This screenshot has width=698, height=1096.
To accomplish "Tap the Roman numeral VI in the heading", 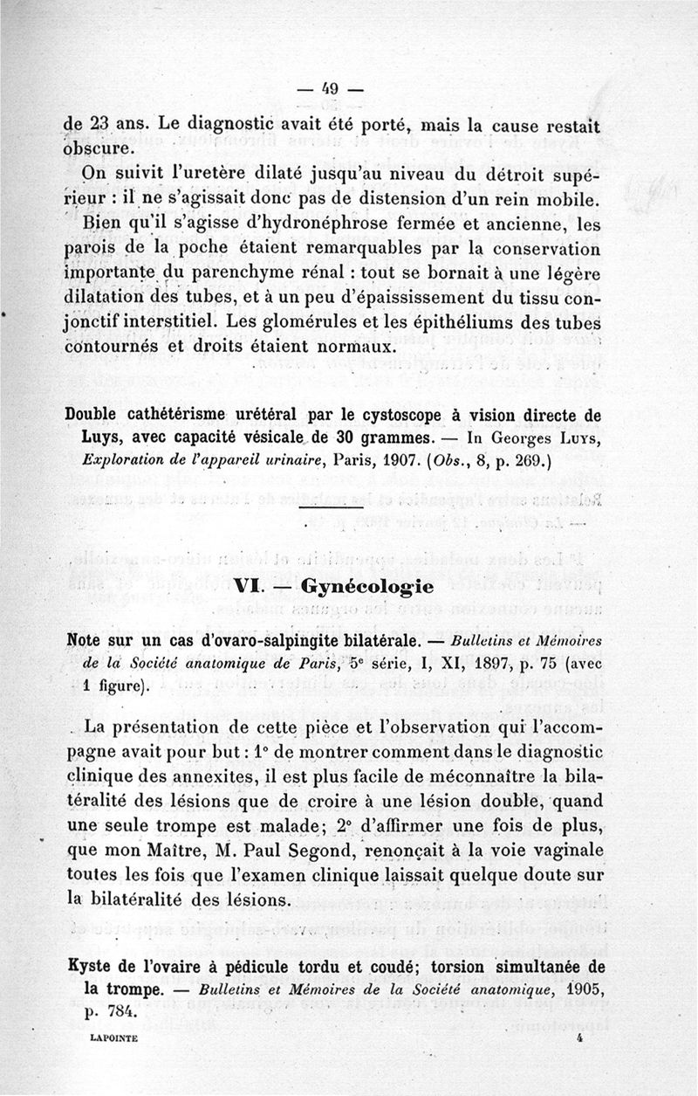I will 248,585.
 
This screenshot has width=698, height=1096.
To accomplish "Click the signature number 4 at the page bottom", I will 579,1040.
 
